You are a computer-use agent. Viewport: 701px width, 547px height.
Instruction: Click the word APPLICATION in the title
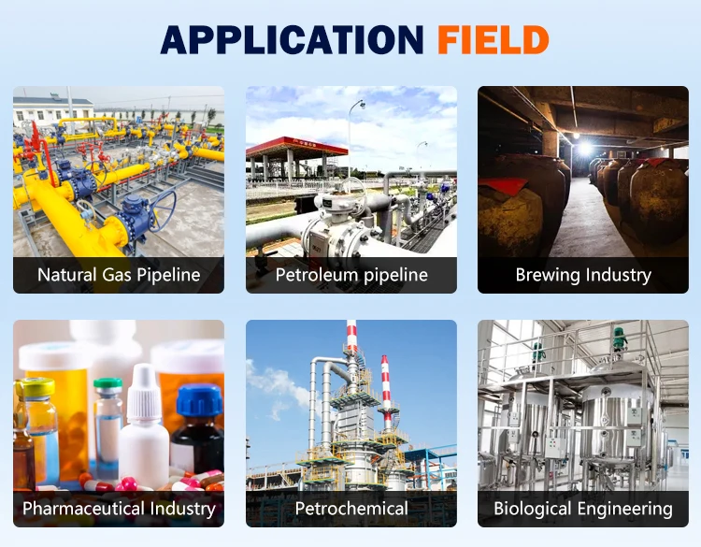[x=292, y=40]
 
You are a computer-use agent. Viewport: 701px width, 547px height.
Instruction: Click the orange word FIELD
[x=494, y=40]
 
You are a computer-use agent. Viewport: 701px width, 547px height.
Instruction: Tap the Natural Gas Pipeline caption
[x=119, y=275]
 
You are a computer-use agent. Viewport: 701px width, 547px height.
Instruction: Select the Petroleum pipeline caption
[x=351, y=275]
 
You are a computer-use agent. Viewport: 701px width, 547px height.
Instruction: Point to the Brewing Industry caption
[x=583, y=275]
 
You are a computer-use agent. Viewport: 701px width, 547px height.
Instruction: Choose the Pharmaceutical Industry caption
[x=119, y=509]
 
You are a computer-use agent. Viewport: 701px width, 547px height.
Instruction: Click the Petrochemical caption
[x=351, y=509]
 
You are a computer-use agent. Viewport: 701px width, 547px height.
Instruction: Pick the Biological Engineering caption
[x=583, y=509]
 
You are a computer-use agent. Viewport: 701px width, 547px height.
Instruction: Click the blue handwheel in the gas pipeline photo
[x=162, y=210]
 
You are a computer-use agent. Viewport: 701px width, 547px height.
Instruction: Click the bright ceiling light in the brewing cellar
[x=584, y=149]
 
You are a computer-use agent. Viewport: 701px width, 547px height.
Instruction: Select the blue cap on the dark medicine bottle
[x=199, y=399]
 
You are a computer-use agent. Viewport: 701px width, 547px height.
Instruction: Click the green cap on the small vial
[x=107, y=383]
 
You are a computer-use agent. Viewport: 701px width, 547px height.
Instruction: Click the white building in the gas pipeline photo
[x=52, y=109]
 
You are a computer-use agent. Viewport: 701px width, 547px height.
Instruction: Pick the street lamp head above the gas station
[x=362, y=105]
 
